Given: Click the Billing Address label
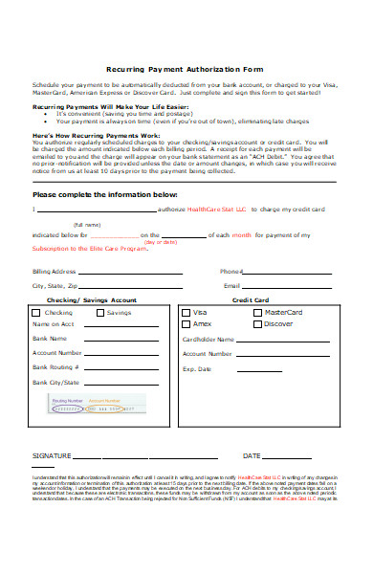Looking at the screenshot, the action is click(54, 272).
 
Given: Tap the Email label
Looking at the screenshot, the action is click(230, 285).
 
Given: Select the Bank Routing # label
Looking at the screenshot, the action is click(55, 366).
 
